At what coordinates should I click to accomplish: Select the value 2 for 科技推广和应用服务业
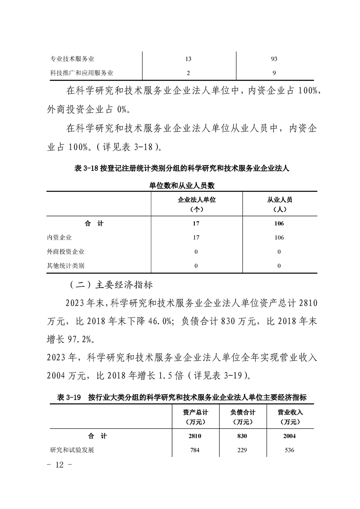(x=188, y=72)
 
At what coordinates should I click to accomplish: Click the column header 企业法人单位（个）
(x=197, y=204)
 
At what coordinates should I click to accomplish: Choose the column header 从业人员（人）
(x=279, y=204)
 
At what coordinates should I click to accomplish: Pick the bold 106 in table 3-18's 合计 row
(x=279, y=224)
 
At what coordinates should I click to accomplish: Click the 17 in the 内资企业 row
(x=196, y=237)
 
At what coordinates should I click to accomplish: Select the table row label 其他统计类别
(x=65, y=265)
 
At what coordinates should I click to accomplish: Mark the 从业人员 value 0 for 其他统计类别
(x=279, y=265)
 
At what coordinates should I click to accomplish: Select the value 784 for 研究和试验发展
(x=195, y=450)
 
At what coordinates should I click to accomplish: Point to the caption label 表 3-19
(x=69, y=397)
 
